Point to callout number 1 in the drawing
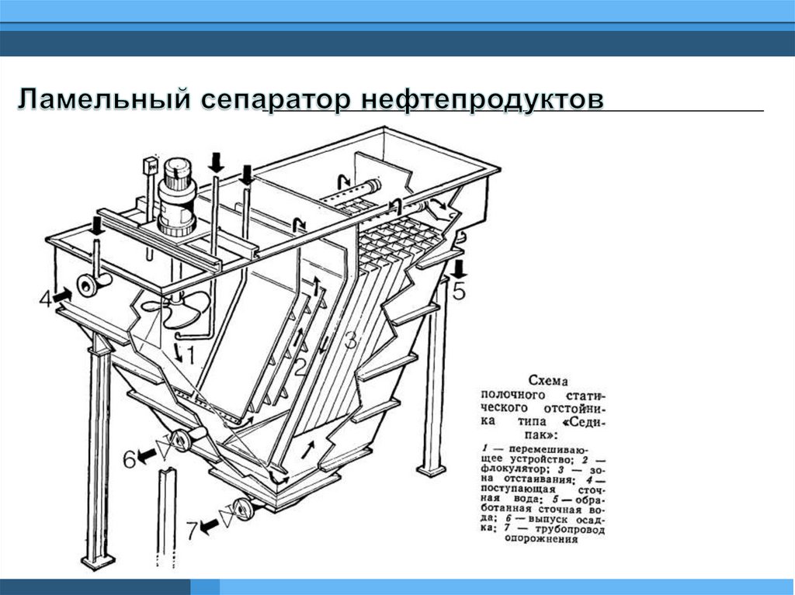tap(189, 355)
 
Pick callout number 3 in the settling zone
tap(351, 340)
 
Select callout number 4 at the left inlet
tap(44, 297)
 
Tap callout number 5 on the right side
tap(460, 291)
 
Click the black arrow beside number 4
tap(63, 294)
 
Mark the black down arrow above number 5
tap(459, 269)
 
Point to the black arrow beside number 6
tap(147, 458)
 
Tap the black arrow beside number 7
tap(208, 528)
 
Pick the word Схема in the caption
tap(548, 381)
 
